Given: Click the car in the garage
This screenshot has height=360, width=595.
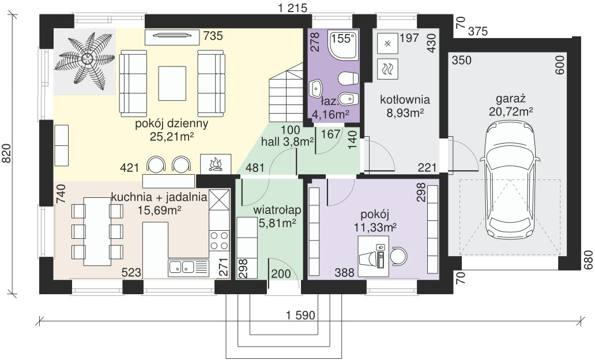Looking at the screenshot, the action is tap(510, 179).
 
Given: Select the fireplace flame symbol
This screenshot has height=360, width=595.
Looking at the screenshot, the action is tap(215, 164).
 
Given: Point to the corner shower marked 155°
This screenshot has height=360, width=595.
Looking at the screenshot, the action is tap(344, 46).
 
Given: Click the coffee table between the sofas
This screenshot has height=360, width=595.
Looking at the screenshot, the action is tap(172, 83).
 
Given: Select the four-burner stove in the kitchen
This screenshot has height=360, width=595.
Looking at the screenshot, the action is tap(219, 241).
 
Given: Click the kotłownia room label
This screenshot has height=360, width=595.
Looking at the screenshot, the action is tap(405, 99).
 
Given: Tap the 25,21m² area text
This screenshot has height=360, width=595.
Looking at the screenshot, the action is tap(172, 137).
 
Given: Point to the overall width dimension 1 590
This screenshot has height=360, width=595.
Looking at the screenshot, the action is tap(300, 315).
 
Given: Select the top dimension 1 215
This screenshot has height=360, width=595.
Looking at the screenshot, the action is tap(292, 7).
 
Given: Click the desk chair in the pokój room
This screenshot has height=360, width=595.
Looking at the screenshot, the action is tap(399, 256).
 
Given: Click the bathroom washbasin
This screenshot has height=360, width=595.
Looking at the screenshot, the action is tap(316, 88).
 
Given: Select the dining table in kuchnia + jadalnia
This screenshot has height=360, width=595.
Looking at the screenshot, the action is tap(97, 231).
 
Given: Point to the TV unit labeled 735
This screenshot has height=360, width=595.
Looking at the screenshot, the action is tap(172, 36).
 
